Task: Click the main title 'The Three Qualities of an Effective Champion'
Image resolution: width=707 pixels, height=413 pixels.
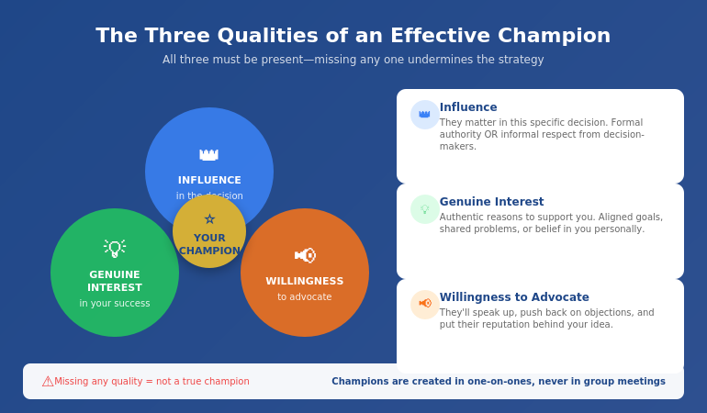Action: click(353, 36)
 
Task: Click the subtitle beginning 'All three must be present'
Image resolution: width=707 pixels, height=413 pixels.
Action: click(353, 60)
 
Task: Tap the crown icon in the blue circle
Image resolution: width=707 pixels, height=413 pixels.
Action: click(209, 154)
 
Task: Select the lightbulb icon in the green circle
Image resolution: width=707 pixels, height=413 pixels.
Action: click(115, 249)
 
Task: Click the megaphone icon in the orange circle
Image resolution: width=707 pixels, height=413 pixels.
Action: click(305, 255)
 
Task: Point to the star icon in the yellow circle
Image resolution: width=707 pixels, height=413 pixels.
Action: click(209, 219)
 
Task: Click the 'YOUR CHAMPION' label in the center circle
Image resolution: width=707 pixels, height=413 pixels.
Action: click(209, 244)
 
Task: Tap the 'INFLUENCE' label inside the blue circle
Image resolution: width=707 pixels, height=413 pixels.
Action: click(209, 181)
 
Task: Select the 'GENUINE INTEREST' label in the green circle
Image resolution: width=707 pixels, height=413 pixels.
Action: click(115, 281)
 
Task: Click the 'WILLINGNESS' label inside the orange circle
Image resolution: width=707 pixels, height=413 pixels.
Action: click(305, 282)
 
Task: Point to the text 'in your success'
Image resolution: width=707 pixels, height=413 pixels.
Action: click(115, 304)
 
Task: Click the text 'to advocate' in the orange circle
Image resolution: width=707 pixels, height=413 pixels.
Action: click(305, 297)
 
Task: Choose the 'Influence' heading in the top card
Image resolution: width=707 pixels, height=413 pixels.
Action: click(468, 107)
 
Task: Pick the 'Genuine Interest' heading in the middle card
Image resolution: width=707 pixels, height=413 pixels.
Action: click(491, 202)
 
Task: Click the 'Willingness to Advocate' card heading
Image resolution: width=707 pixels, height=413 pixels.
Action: click(514, 297)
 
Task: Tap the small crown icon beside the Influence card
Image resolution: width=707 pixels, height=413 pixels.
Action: click(424, 115)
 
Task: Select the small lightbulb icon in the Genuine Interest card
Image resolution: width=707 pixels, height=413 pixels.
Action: click(424, 209)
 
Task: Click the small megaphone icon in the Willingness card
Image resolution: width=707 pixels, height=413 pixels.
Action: click(424, 304)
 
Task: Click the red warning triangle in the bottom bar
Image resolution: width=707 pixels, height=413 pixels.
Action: click(48, 381)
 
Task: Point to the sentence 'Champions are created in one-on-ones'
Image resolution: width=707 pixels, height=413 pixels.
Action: click(499, 382)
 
